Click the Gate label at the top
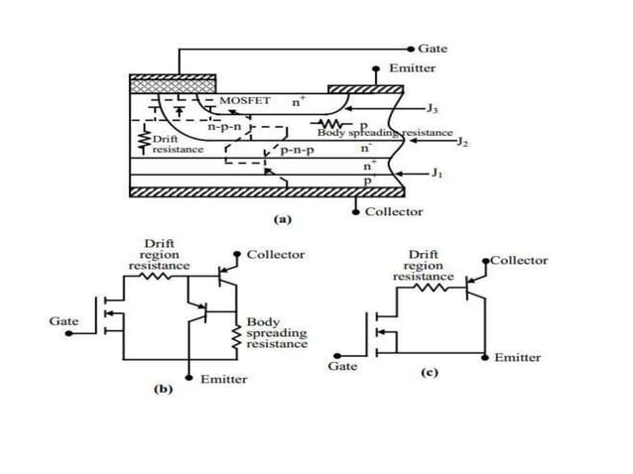click(433, 48)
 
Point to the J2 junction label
click(463, 142)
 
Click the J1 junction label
click(438, 173)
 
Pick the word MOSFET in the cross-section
click(244, 101)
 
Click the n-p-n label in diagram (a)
click(226, 127)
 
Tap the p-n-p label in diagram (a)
click(299, 151)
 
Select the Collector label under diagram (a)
click(394, 211)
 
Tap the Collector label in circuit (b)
click(276, 255)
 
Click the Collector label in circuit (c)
click(519, 260)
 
